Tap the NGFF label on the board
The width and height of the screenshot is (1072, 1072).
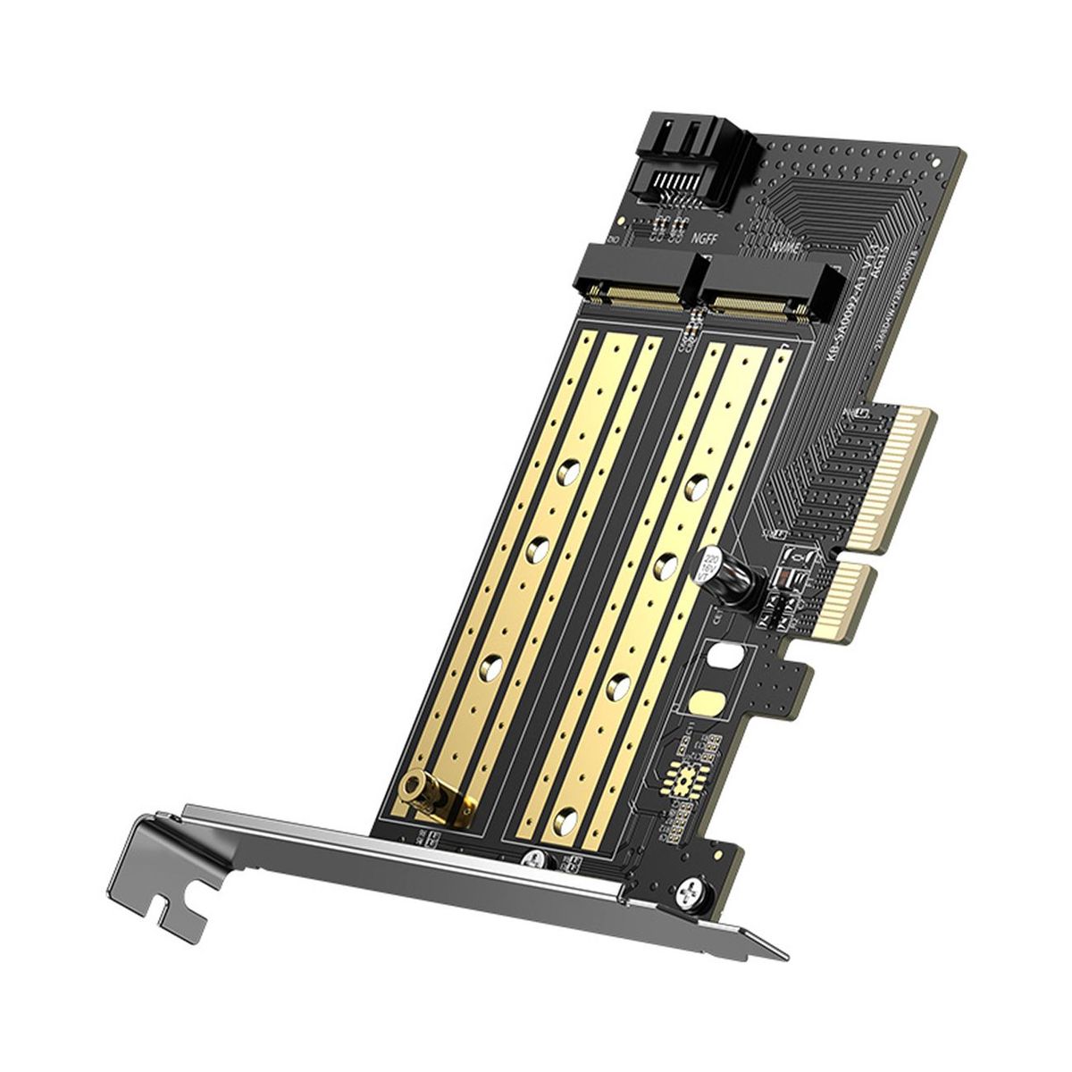[x=706, y=239]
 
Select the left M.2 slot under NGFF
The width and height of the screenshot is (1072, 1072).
[x=639, y=284]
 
